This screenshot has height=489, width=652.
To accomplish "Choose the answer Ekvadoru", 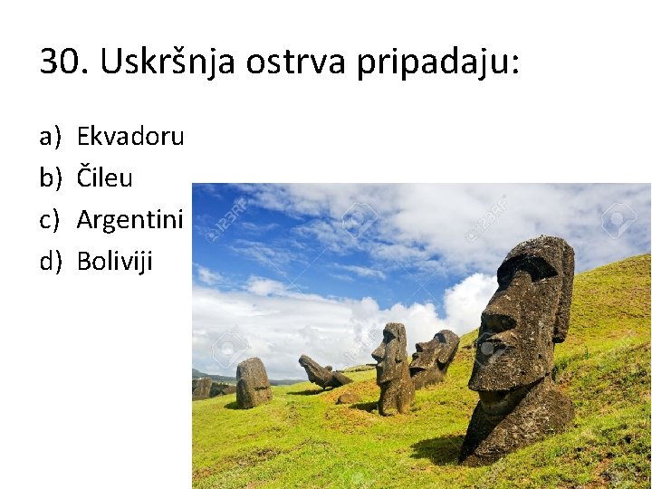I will click(130, 137).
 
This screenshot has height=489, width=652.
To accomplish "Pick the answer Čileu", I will click(104, 178).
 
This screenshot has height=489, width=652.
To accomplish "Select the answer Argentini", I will click(129, 219).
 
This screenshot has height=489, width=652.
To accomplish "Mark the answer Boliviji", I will click(115, 261).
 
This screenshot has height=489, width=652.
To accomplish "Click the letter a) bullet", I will click(50, 137).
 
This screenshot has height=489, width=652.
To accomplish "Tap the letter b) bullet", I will click(50, 178).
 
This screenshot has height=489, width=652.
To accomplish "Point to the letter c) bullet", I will click(50, 219).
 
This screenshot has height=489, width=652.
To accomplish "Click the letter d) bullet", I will click(50, 261).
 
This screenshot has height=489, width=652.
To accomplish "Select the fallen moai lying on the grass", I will click(321, 372).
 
